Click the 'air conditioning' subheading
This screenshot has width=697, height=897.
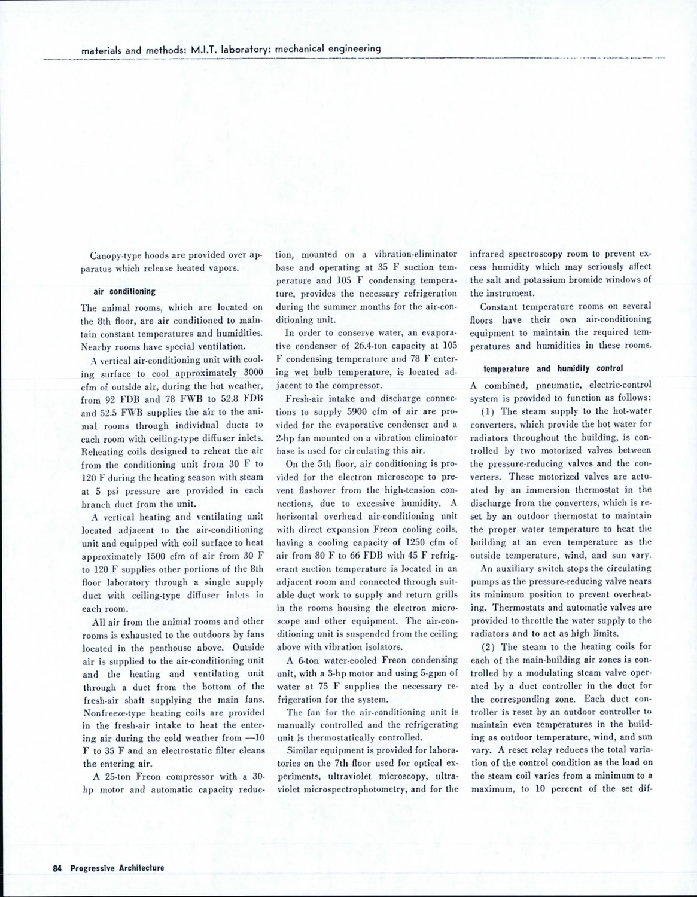pyautogui.click(x=124, y=292)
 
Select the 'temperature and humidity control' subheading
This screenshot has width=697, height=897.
pyautogui.click(x=544, y=368)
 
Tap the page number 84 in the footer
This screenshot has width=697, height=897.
pyautogui.click(x=57, y=868)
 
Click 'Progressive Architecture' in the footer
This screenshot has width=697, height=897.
pyautogui.click(x=117, y=868)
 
